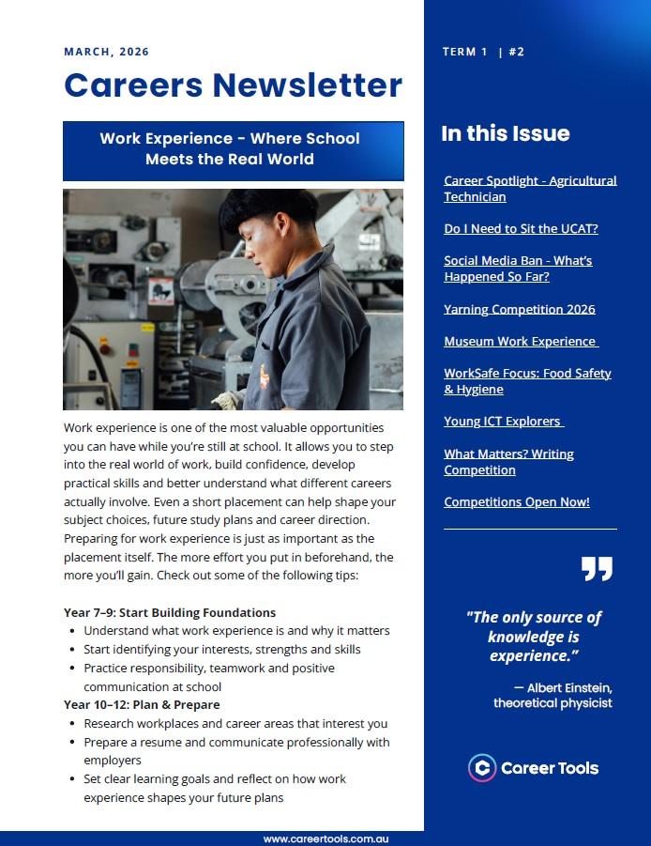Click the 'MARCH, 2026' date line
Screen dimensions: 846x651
[x=106, y=52]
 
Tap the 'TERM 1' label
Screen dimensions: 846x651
[x=464, y=53]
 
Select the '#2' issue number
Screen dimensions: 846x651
[x=516, y=53]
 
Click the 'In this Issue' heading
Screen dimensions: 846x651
[x=505, y=133]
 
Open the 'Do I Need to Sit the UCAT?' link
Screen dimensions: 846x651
[x=521, y=228]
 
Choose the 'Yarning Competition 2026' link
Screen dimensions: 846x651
[x=519, y=309]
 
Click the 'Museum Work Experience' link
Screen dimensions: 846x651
[x=520, y=341]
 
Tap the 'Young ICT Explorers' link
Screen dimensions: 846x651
[x=503, y=422]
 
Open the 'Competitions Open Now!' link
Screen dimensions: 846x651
[x=516, y=501]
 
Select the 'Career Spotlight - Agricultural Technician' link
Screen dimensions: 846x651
[x=530, y=189]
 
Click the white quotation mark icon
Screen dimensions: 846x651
[x=596, y=568]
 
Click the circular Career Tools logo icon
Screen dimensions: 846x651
[x=482, y=767]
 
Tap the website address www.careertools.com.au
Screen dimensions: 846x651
[x=325, y=838]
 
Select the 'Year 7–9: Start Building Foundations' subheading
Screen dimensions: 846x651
[x=170, y=612]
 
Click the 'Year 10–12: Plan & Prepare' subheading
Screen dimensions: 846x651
[x=142, y=704]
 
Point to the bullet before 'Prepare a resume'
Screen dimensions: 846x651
[x=73, y=743]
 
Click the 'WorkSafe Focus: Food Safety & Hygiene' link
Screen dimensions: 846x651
[x=527, y=381]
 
